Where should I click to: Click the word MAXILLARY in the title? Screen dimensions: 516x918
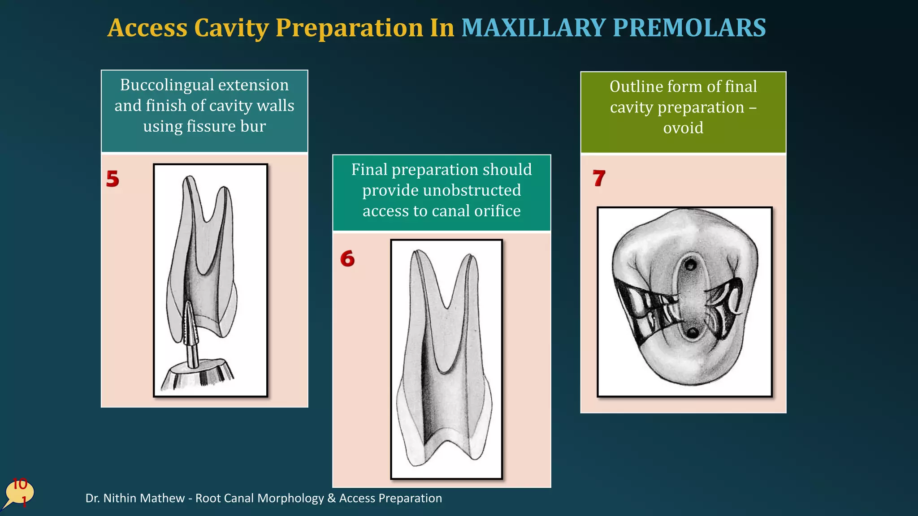[533, 28]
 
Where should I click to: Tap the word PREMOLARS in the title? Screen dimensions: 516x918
[689, 28]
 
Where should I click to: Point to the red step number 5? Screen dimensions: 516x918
[113, 179]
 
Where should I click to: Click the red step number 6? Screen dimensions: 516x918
[347, 259]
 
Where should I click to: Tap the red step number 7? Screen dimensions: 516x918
[599, 178]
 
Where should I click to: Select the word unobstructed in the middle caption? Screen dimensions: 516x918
[442, 190]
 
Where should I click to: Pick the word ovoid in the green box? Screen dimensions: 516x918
[683, 128]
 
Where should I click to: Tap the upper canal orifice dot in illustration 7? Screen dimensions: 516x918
[691, 266]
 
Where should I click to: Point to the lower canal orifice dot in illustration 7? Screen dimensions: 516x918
[693, 333]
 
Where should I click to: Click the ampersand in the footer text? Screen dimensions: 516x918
[332, 498]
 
